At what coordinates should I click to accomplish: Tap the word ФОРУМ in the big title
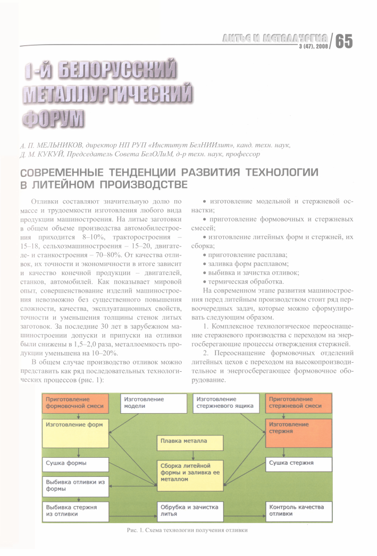[x=54, y=116]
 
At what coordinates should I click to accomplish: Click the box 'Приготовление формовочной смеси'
[x=76, y=403]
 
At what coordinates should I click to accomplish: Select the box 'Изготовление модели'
[x=154, y=403]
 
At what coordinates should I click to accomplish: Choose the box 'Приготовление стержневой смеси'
[x=298, y=403]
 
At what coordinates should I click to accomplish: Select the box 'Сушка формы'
[x=76, y=464]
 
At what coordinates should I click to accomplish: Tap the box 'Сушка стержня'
[x=298, y=464]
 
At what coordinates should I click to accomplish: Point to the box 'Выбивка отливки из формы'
[x=76, y=485]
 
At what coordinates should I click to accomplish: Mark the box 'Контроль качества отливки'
[x=298, y=510]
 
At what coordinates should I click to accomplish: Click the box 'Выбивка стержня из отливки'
[x=76, y=510]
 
